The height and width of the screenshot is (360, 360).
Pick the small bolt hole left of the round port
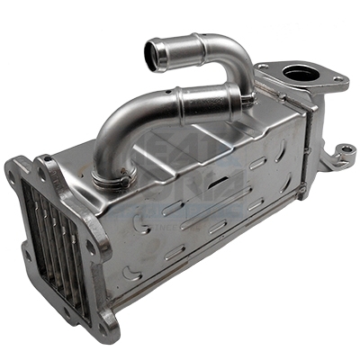[263, 67]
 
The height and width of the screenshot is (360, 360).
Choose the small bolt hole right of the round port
[337, 81]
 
